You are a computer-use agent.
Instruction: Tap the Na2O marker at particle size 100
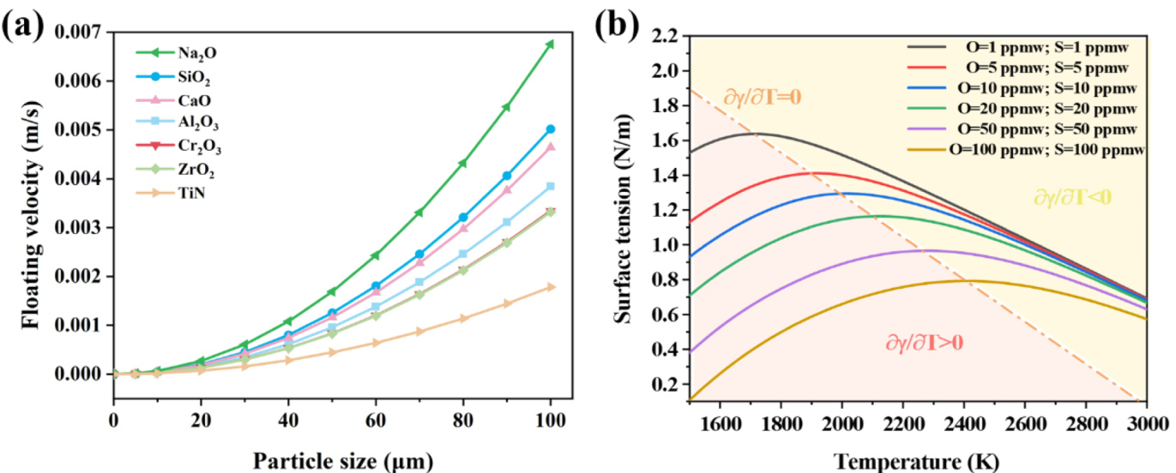tap(550, 44)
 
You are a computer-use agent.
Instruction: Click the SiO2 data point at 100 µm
tap(550, 129)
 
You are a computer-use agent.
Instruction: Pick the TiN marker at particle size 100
tap(550, 286)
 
